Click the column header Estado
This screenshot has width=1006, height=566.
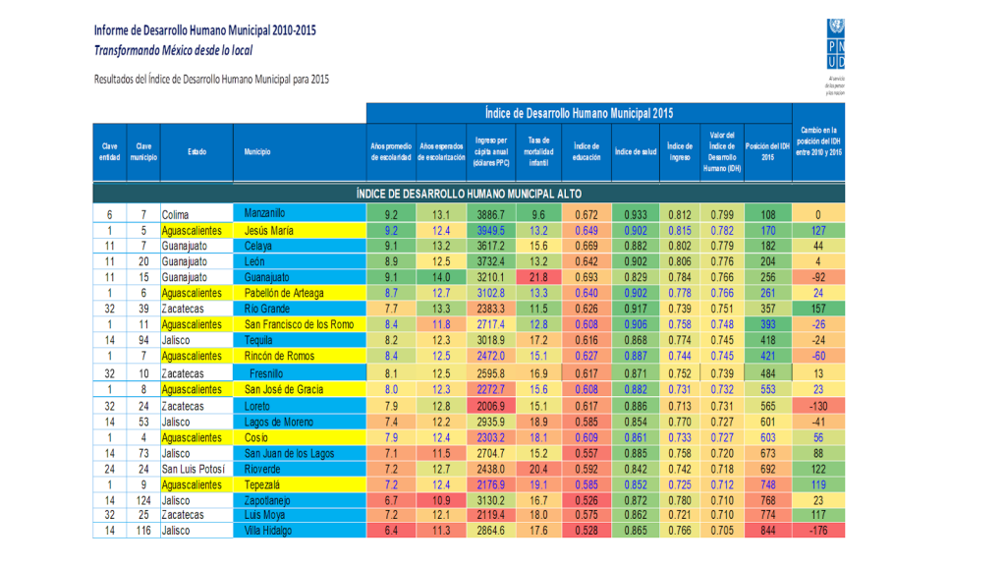tap(197, 152)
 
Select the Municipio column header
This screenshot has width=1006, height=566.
tap(257, 152)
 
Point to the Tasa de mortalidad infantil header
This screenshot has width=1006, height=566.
tap(537, 151)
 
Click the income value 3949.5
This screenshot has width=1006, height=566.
tap(490, 230)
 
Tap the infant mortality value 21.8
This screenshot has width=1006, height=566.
tap(537, 277)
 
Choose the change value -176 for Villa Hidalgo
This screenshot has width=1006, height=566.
tap(817, 532)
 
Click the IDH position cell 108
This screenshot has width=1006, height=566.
tap(768, 214)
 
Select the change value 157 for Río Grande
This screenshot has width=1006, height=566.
tap(817, 309)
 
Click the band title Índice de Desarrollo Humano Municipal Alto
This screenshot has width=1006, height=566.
tap(468, 192)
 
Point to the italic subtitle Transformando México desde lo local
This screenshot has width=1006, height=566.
tap(174, 49)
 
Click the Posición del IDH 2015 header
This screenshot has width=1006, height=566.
tap(768, 151)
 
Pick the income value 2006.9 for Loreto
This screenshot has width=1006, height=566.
tap(490, 405)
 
